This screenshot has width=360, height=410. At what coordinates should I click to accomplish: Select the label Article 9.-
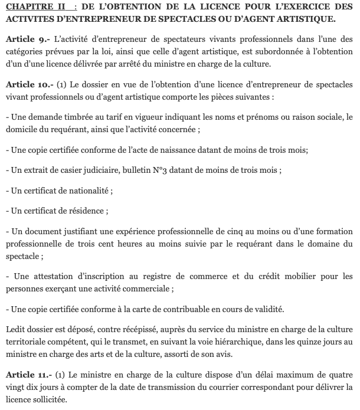point(27,38)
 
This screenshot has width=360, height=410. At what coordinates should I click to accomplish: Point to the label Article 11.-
point(28,372)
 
